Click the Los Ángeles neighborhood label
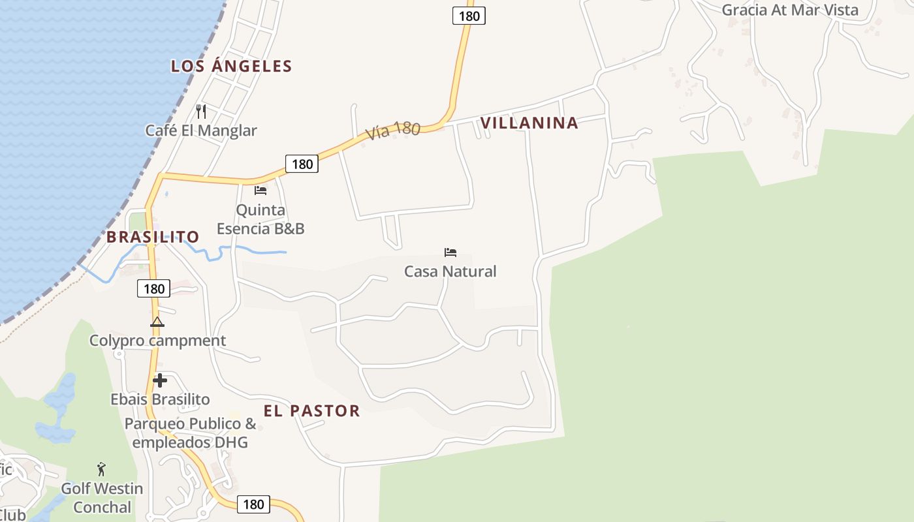[x=231, y=66]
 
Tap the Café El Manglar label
[x=201, y=130]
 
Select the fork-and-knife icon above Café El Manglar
[x=201, y=112]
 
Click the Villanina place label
[x=529, y=123]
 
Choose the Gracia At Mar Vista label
[x=790, y=10]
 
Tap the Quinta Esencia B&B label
[x=260, y=219]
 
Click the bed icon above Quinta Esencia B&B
[x=260, y=191]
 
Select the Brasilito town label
[x=153, y=237]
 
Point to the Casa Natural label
[x=450, y=271]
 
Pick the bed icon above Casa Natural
[x=450, y=253]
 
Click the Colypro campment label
[x=157, y=341]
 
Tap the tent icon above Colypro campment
[x=157, y=322]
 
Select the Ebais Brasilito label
[x=160, y=399]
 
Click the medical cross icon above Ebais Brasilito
[x=160, y=380]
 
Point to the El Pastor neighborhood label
[x=311, y=410]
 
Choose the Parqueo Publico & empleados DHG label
[x=190, y=433]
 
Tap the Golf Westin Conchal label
[x=102, y=498]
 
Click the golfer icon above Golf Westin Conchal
[x=101, y=469]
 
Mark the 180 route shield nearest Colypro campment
[x=154, y=288]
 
